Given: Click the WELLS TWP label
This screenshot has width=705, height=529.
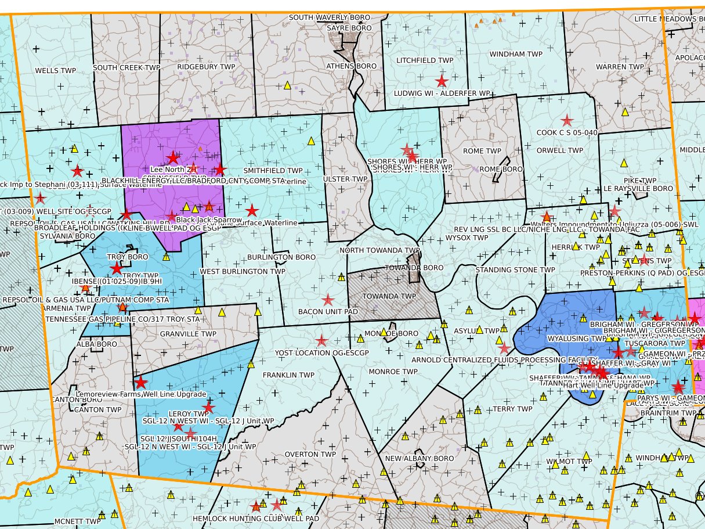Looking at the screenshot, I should (x=56, y=70).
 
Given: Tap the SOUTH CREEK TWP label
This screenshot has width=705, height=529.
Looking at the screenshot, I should (x=126, y=67).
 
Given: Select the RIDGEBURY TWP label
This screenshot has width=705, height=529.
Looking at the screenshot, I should (x=206, y=67).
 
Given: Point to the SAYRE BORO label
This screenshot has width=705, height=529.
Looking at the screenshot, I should (x=349, y=28).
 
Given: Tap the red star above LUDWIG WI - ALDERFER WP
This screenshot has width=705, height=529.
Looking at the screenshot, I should (x=442, y=81).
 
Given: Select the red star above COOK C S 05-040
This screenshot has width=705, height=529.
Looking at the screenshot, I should (x=567, y=121).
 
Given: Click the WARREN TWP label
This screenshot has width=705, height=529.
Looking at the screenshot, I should (x=620, y=67).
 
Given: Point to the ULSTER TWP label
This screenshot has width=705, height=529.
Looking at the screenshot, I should (x=345, y=179).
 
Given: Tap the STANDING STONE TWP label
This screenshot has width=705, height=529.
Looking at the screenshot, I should (x=515, y=270).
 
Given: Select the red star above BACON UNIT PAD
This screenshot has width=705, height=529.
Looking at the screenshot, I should (x=328, y=300).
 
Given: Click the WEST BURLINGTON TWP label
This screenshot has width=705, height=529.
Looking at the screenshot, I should (x=243, y=271).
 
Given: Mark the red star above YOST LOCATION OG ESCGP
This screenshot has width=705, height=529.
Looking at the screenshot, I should (x=321, y=341).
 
